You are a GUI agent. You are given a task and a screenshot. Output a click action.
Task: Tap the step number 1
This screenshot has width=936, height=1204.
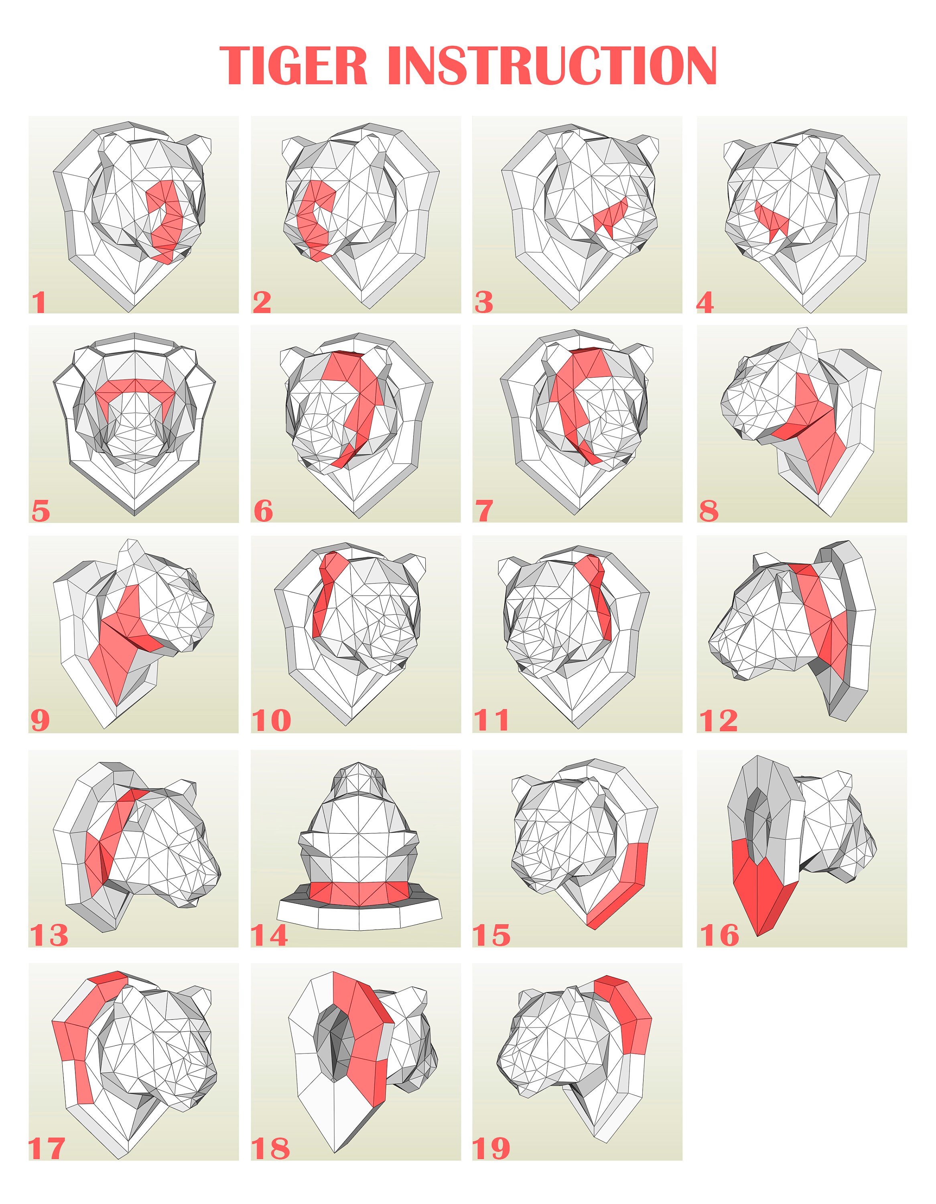(39, 303)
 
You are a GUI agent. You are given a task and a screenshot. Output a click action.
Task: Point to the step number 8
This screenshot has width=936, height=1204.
(709, 511)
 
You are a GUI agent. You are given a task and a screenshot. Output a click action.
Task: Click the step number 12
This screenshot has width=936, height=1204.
(718, 720)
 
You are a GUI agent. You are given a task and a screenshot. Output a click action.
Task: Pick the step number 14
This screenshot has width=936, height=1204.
(270, 936)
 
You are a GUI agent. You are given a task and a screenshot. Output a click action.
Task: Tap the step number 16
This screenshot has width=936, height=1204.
(719, 936)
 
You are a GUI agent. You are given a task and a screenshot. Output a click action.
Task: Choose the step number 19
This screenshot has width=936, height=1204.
(491, 1148)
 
